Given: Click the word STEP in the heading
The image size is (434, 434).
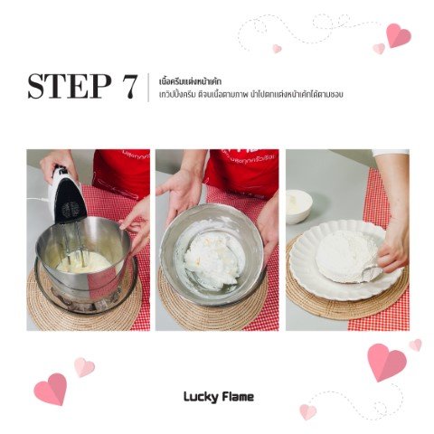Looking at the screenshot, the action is coord(69,86).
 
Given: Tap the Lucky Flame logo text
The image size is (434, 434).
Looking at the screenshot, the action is coord(219,397).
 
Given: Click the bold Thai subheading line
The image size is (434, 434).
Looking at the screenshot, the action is coord(191,81).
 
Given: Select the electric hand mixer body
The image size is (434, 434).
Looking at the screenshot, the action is coord(67,195).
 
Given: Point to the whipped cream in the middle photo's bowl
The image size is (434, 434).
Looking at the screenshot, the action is coord(211,259).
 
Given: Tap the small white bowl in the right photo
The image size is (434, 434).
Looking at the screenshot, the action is coord(298,206).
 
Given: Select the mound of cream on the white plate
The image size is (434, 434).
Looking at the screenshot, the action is coord(346,256).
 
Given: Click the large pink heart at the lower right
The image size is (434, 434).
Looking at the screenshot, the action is coord(387,363).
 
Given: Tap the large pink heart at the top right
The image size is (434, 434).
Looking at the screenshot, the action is coord(398,35).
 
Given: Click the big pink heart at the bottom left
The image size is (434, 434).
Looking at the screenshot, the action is coord(51,389).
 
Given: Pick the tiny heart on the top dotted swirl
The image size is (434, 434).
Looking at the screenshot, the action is coord(277,49).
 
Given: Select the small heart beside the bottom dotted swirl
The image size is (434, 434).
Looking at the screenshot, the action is coord(307,412).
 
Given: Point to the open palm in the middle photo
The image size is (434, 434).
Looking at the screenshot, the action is coord(181,192).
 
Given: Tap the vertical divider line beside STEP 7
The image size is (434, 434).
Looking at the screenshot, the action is coord(148,88).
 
